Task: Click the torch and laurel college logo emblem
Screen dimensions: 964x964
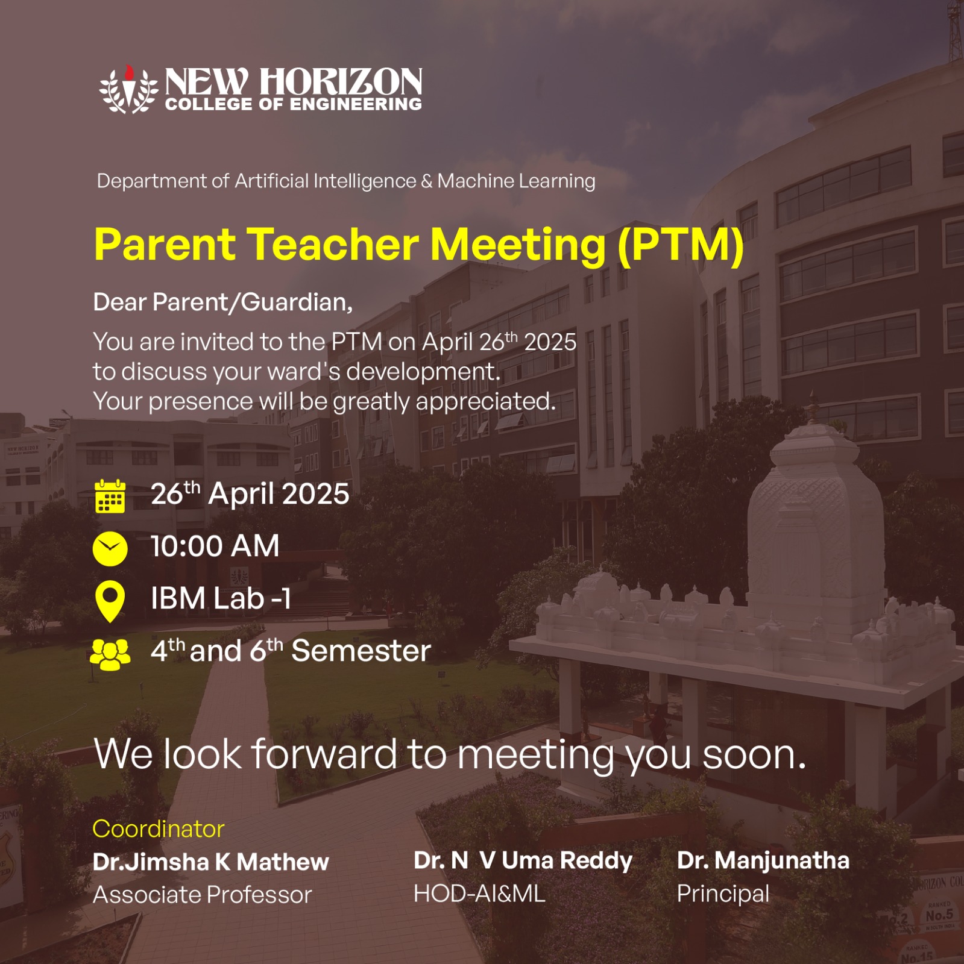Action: (x=128, y=89)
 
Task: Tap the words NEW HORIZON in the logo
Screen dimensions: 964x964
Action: (x=294, y=81)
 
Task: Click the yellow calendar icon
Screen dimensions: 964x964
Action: (x=110, y=496)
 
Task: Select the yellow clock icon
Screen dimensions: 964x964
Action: (x=110, y=548)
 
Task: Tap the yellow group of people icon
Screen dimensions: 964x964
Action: (x=110, y=654)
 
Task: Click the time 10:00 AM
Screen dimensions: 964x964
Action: (x=215, y=546)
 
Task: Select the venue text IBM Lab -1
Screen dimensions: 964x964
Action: (x=221, y=599)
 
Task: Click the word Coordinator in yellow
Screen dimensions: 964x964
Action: (x=159, y=829)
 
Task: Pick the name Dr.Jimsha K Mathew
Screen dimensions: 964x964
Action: (x=211, y=862)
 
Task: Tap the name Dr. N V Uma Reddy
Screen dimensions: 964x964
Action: (x=523, y=860)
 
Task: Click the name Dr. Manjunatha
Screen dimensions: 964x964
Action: (x=763, y=860)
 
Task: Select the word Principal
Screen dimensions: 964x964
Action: (x=723, y=894)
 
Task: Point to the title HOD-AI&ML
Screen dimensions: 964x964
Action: (x=479, y=894)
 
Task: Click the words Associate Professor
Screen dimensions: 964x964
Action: (x=203, y=895)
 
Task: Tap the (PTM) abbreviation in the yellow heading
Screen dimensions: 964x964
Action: (x=681, y=245)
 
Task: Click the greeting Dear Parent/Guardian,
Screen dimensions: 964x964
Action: (x=223, y=302)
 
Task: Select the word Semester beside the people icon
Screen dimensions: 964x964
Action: (x=361, y=651)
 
